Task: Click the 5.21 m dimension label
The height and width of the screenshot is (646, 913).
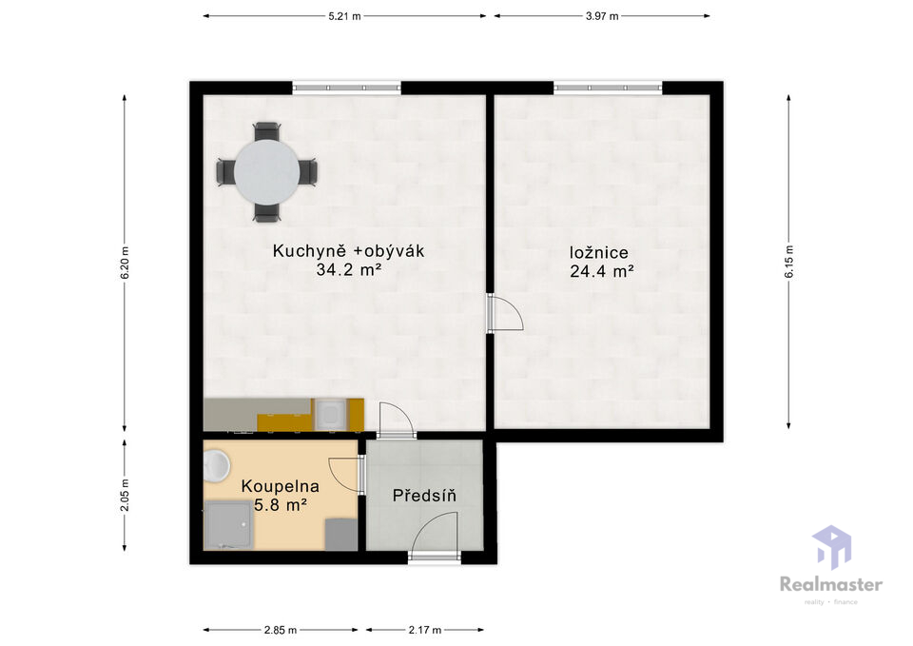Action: (x=344, y=16)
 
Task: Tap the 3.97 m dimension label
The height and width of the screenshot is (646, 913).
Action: (x=602, y=16)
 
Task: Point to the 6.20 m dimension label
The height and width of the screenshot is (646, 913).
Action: (x=125, y=263)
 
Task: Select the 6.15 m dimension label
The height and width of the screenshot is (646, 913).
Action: (x=789, y=262)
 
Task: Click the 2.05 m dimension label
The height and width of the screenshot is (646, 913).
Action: (x=125, y=495)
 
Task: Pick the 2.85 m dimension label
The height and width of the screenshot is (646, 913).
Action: (x=280, y=630)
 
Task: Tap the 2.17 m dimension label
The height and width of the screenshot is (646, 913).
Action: (x=424, y=630)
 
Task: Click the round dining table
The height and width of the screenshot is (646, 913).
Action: (x=267, y=172)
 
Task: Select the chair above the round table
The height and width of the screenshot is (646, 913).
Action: (x=266, y=130)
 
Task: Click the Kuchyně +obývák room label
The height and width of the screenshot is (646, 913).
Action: (x=348, y=251)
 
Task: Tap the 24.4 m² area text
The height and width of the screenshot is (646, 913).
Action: (x=601, y=271)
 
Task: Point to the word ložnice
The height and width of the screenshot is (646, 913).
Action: (x=598, y=253)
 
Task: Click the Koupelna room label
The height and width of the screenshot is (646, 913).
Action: (x=280, y=486)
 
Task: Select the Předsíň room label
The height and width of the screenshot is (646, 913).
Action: (x=424, y=496)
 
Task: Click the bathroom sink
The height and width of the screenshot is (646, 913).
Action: (x=216, y=465)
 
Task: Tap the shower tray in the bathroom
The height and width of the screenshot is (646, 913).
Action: (x=228, y=525)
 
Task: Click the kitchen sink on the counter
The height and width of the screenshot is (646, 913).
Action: (x=330, y=414)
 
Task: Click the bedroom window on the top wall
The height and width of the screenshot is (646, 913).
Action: (x=608, y=88)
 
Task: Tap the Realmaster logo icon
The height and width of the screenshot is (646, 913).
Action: (x=832, y=547)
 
